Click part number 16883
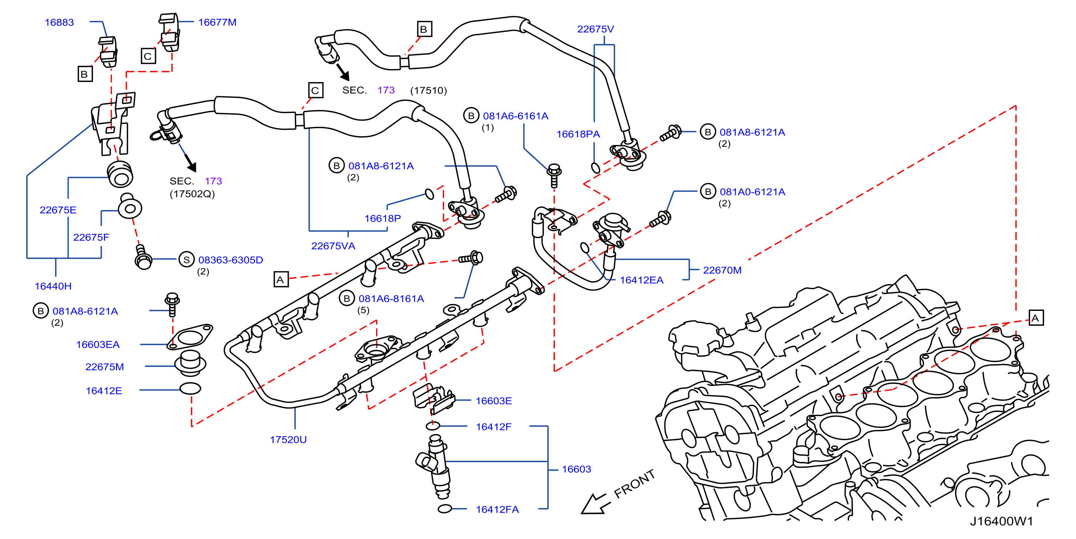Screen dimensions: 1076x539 (x=59, y=22)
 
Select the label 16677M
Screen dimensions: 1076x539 (x=217, y=22)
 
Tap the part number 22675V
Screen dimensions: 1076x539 (x=595, y=29)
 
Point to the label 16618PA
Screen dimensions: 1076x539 (x=578, y=134)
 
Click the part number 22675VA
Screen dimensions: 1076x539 (x=333, y=246)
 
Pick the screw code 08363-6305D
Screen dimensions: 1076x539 (x=230, y=260)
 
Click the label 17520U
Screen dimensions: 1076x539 (x=288, y=439)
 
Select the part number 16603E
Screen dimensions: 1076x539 (x=494, y=401)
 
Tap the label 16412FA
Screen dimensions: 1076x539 (x=497, y=509)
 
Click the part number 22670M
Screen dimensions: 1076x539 (x=722, y=270)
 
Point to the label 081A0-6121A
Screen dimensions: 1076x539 (x=752, y=192)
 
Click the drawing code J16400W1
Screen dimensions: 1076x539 (x=1001, y=521)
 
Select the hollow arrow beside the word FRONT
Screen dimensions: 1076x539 (x=596, y=504)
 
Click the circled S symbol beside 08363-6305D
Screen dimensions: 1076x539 (x=186, y=260)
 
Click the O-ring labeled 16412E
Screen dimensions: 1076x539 (x=190, y=389)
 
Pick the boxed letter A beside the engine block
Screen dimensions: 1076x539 (x=1036, y=318)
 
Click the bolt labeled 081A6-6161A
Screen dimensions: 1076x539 (x=554, y=175)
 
